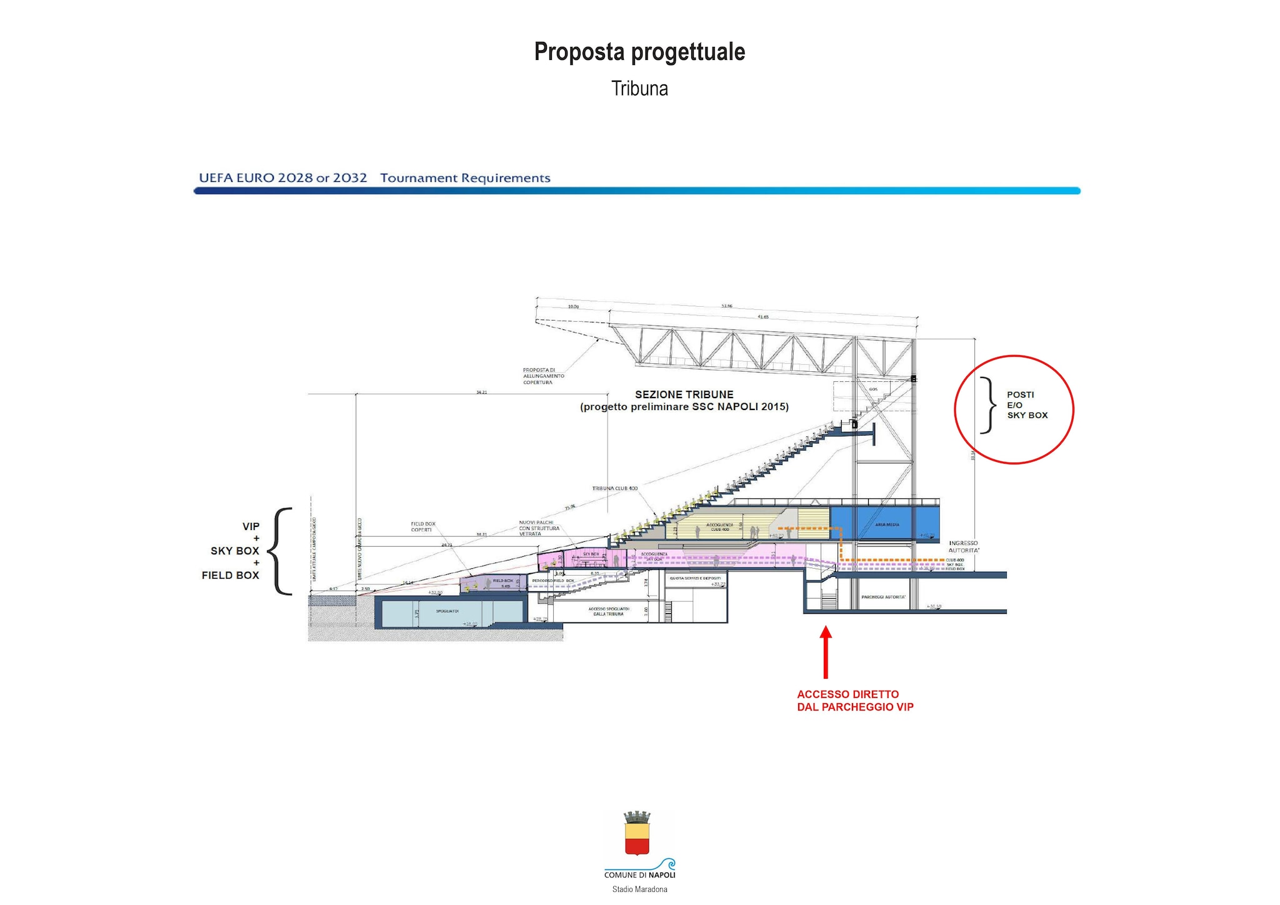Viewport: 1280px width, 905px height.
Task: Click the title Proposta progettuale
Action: click(x=639, y=52)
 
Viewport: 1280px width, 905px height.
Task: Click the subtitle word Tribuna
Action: click(x=639, y=89)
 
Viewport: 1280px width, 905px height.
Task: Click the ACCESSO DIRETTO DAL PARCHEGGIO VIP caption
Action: click(x=854, y=701)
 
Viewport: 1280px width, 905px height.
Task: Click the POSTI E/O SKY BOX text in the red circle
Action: click(x=1026, y=405)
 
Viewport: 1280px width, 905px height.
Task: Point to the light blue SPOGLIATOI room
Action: click(x=447, y=611)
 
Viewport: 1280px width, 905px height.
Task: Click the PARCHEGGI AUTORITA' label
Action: click(x=883, y=597)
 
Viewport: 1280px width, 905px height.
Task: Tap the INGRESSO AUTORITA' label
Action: click(x=963, y=547)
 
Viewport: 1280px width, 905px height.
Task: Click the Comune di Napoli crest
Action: click(x=637, y=834)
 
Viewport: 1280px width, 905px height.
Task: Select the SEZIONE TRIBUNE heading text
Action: click(x=684, y=394)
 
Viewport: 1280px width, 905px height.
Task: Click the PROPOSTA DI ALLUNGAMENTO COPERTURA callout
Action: click(x=543, y=376)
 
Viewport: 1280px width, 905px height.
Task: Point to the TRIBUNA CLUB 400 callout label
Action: click(x=614, y=488)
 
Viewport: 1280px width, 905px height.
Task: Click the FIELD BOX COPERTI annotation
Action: click(x=422, y=527)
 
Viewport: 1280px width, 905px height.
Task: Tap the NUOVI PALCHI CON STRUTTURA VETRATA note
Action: click(x=538, y=528)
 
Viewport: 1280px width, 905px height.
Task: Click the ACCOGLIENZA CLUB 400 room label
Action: click(x=719, y=527)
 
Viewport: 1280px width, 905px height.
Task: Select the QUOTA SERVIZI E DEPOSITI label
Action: click(x=695, y=578)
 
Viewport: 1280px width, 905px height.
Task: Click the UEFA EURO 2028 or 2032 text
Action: click(x=282, y=177)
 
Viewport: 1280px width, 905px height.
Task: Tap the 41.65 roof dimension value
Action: click(x=762, y=317)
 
